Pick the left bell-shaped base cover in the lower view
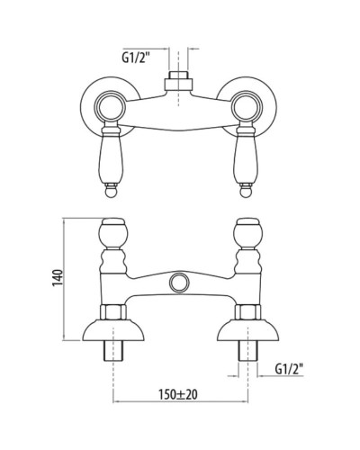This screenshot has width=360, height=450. click(x=113, y=331)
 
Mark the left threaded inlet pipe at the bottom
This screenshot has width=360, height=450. click(x=113, y=356)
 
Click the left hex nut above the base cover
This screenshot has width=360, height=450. click(x=113, y=312)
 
